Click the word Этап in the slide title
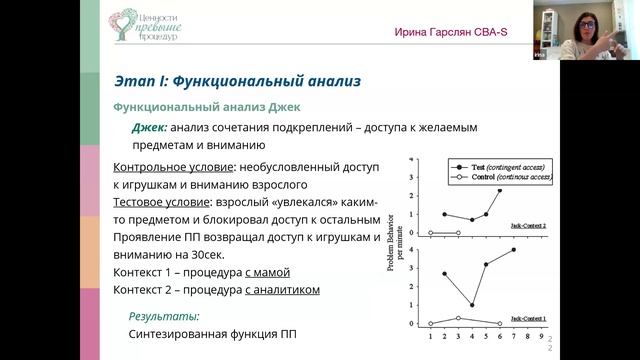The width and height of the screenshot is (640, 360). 136,79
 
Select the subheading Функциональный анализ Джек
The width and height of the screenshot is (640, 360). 206,106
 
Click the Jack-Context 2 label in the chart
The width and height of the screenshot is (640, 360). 528,226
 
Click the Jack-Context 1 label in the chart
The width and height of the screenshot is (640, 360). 528,317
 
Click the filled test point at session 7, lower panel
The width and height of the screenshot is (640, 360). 514,250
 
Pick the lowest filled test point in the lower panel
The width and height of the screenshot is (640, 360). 472,305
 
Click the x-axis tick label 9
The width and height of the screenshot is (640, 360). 541,337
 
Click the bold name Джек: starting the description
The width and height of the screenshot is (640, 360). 150,127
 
